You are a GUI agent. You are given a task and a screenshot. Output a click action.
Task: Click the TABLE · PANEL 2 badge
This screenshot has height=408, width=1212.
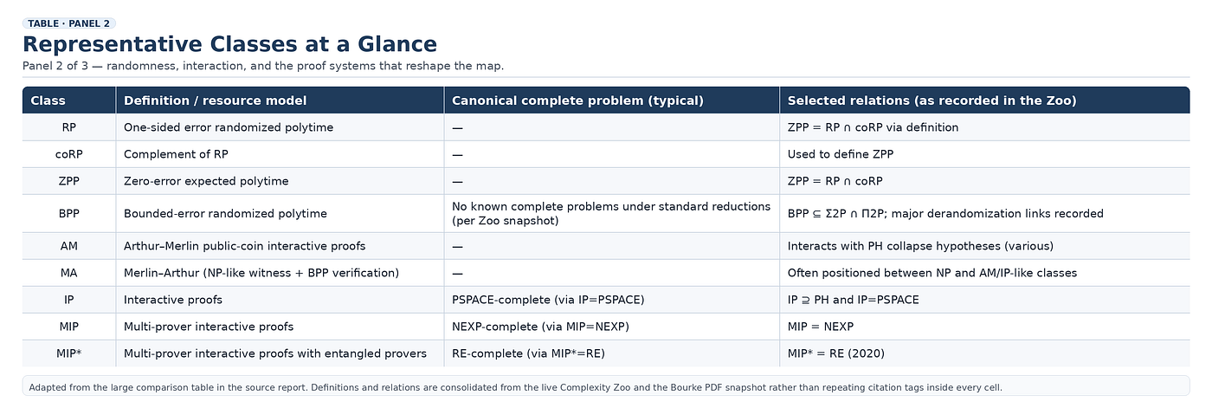pos(68,23)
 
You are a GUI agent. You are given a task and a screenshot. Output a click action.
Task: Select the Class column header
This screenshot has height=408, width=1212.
pos(48,100)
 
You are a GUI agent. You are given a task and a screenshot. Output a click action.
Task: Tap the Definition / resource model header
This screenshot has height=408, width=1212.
pos(215,100)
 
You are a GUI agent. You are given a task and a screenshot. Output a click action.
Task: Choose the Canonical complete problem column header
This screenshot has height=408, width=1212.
pos(577,100)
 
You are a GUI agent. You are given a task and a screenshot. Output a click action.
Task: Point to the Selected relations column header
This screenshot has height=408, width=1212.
pos(932,100)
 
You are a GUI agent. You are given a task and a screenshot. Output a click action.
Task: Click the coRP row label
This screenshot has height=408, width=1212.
pos(68,154)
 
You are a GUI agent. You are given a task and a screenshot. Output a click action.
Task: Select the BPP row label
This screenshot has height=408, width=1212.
pos(68,214)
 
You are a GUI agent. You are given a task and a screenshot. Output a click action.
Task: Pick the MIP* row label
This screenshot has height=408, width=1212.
pos(68,353)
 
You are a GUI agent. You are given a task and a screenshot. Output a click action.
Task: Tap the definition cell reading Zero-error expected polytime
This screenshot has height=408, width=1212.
pos(206,181)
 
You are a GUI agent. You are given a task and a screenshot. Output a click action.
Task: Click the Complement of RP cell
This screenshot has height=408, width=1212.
pos(176,154)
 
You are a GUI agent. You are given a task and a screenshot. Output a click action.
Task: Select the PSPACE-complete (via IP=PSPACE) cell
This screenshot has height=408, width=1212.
pos(548,300)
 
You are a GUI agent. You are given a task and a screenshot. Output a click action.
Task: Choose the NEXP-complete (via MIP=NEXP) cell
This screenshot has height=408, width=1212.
pos(540,327)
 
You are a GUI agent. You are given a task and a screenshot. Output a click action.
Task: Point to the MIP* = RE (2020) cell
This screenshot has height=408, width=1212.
pos(836,353)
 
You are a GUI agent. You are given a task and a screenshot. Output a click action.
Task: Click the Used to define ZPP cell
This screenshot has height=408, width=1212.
pos(841,154)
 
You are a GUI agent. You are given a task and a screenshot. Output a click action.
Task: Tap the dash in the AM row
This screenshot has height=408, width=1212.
pos(457,247)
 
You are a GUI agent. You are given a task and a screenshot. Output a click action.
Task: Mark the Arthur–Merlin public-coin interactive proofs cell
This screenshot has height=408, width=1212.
pos(244,246)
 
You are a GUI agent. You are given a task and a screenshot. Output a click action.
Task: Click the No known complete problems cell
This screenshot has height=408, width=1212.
pos(611,214)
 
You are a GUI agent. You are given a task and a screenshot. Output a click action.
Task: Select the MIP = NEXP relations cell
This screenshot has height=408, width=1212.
pos(821,327)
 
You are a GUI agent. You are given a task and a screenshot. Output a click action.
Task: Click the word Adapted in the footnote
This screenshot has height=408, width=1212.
pos(44,387)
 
